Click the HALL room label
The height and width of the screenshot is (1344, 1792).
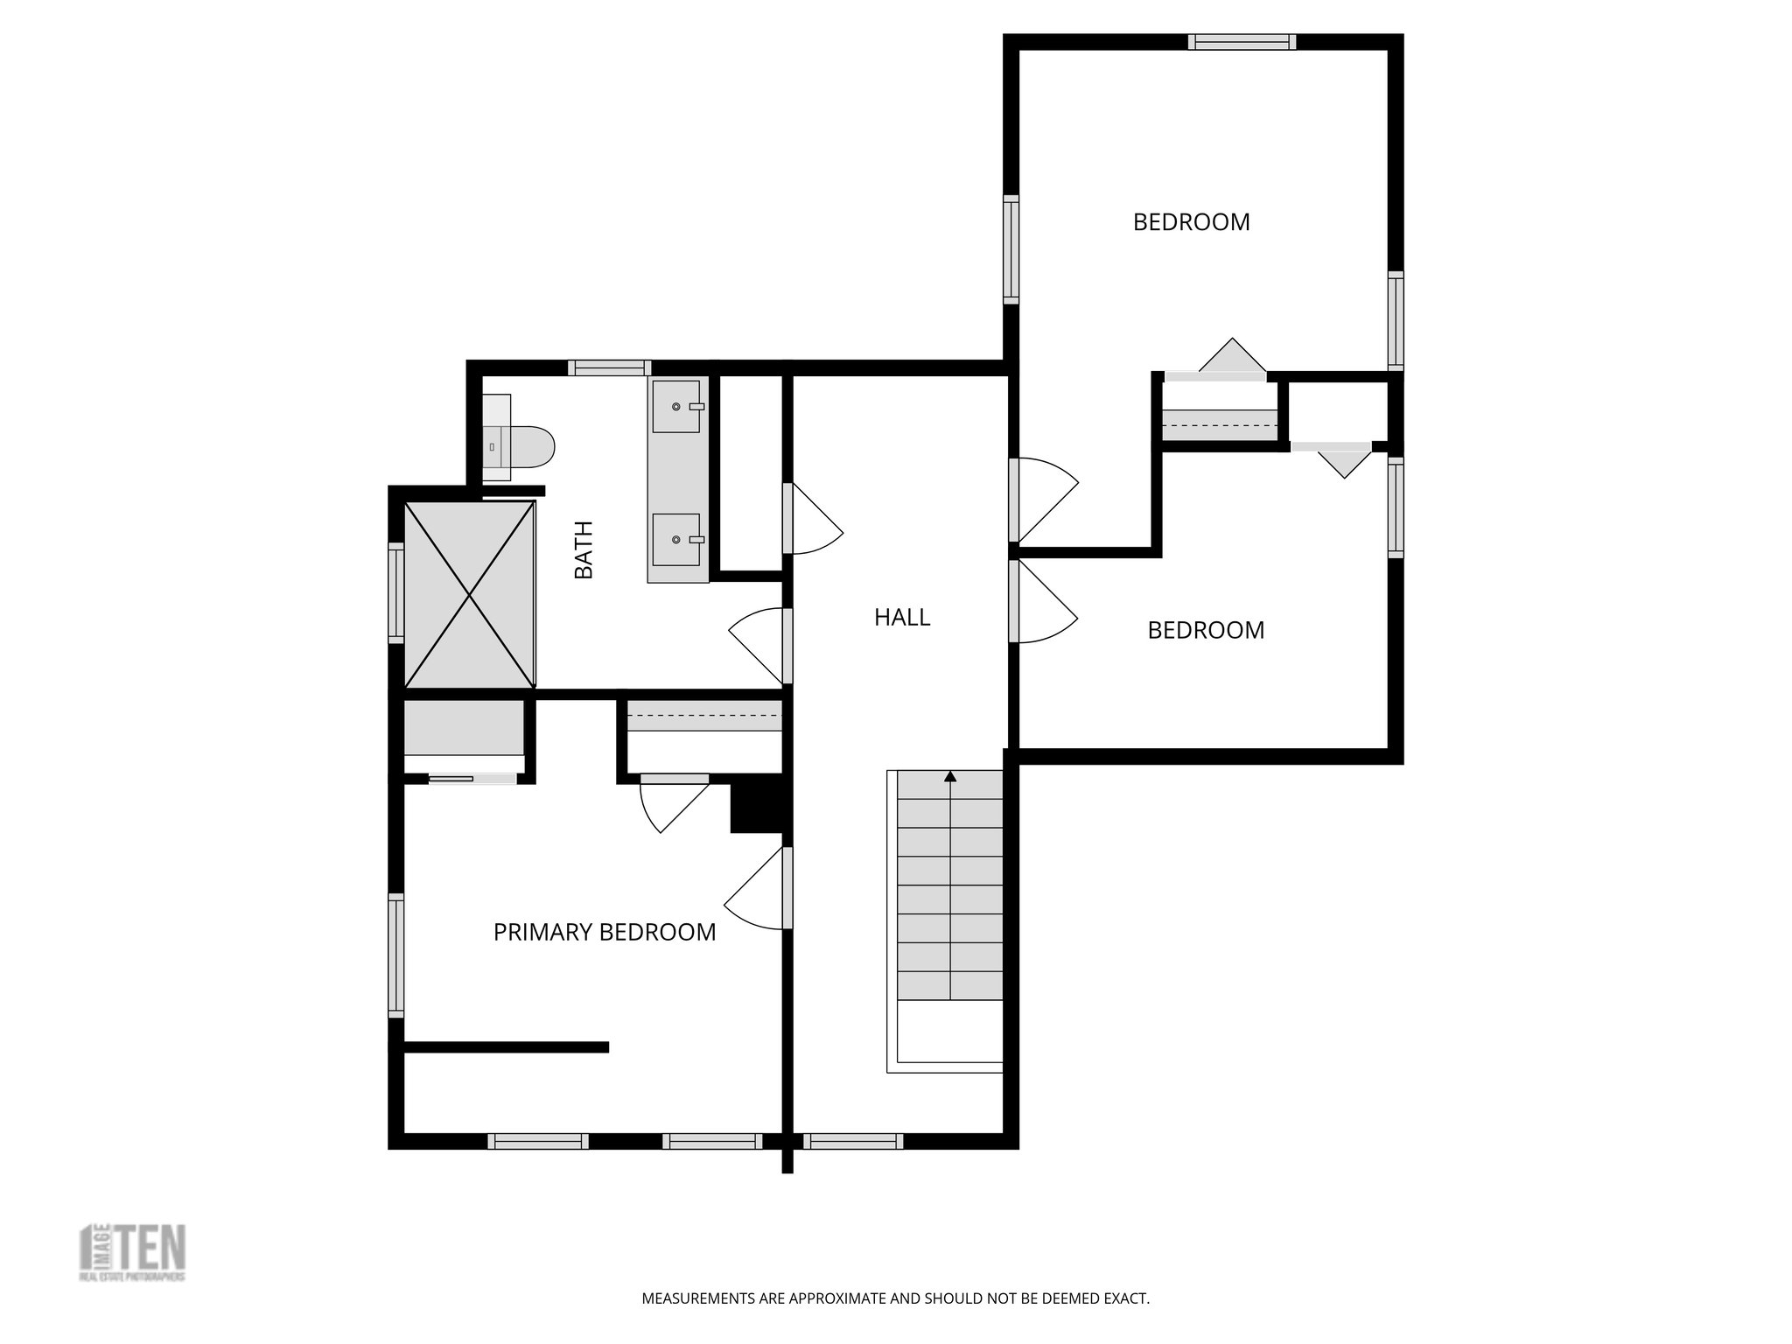point(902,618)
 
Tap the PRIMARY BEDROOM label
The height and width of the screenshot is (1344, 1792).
point(605,933)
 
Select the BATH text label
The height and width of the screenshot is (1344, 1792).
point(584,549)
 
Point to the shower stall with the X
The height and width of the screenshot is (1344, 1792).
point(470,595)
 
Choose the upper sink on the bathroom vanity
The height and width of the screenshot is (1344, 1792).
point(677,407)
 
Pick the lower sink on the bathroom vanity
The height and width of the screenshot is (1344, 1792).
point(677,541)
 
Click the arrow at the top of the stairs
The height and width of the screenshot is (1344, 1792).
point(950,776)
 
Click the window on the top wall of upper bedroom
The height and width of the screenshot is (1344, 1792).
point(1242,42)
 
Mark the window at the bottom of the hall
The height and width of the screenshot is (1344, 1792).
point(852,1141)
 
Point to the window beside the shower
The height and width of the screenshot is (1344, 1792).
point(396,593)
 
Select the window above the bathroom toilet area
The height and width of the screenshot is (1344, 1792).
point(609,368)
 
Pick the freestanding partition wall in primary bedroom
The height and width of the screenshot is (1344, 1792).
point(506,1046)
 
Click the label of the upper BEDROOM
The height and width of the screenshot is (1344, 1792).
point(1191,222)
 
